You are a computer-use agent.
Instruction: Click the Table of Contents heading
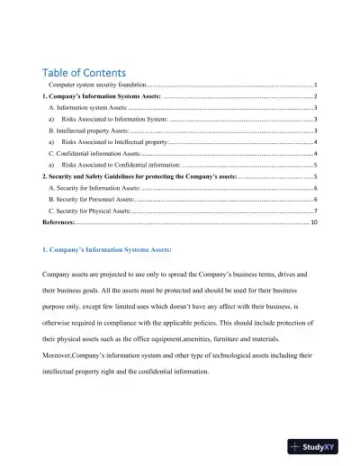[84, 72]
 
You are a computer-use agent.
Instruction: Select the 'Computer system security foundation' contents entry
[97, 84]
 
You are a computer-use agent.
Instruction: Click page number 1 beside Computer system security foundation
[315, 84]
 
